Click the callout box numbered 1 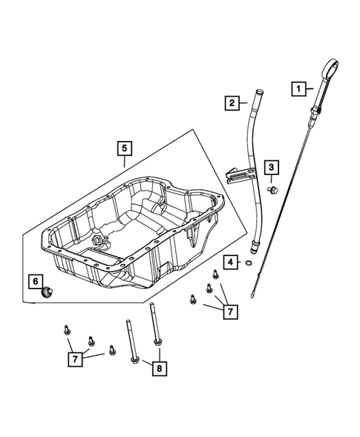(x=298, y=88)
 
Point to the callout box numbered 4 (x=232, y=262)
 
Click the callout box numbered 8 (x=158, y=367)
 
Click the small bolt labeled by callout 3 (x=273, y=191)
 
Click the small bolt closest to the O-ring (x=215, y=275)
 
